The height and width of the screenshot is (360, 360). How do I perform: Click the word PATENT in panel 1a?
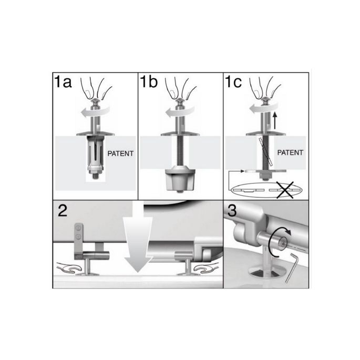coord(120,155)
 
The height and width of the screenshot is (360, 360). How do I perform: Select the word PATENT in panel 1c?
coord(290,154)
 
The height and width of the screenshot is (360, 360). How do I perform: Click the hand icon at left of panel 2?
coord(69,269)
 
